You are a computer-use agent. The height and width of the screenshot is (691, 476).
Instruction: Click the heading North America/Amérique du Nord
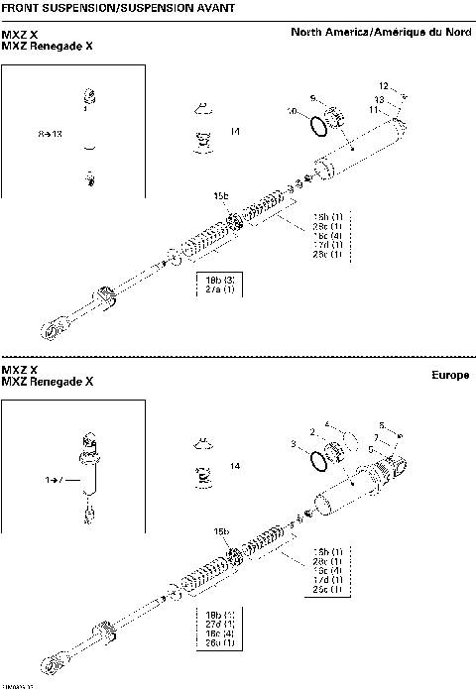381,32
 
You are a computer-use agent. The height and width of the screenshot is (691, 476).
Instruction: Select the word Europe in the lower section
450,375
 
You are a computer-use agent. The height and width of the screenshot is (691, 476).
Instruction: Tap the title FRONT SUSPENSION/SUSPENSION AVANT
119,8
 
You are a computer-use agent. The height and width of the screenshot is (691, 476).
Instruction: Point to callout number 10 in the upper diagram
292,111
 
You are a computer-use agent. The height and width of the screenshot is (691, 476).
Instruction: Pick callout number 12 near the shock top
383,86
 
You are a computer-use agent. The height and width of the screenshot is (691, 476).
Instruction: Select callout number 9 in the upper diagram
312,97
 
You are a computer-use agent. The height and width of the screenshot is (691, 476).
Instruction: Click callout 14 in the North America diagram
234,131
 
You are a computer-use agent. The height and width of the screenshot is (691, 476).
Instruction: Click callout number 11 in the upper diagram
374,110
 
